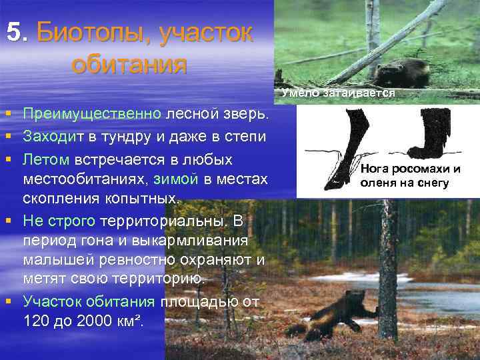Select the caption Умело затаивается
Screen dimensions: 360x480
[x=339, y=93]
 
